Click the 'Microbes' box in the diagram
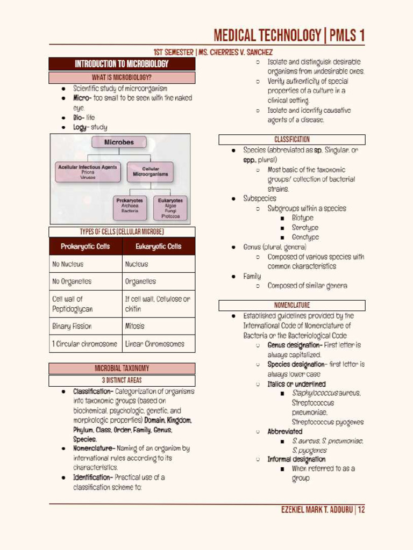[x=119, y=143]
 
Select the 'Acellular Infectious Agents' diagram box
[x=88, y=171]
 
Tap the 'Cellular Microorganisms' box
[x=150, y=172]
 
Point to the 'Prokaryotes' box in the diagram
[x=130, y=207]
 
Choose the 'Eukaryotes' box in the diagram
[x=170, y=208]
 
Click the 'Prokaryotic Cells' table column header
[x=86, y=247]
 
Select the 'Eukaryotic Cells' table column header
[x=159, y=247]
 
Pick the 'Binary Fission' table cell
[x=86, y=326]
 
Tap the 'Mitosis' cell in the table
[x=159, y=326]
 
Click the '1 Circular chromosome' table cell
[x=86, y=344]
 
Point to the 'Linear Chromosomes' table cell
[x=159, y=344]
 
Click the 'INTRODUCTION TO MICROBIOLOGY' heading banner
[x=122, y=64]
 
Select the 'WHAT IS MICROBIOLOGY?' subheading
[x=122, y=77]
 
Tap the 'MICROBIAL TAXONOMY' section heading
[x=122, y=368]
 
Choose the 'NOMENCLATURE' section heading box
[x=292, y=305]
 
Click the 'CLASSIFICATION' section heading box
[x=292, y=140]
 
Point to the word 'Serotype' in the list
[x=305, y=228]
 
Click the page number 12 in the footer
[x=361, y=510]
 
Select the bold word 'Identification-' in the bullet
[x=93, y=477]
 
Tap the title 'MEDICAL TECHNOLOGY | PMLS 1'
[x=289, y=36]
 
